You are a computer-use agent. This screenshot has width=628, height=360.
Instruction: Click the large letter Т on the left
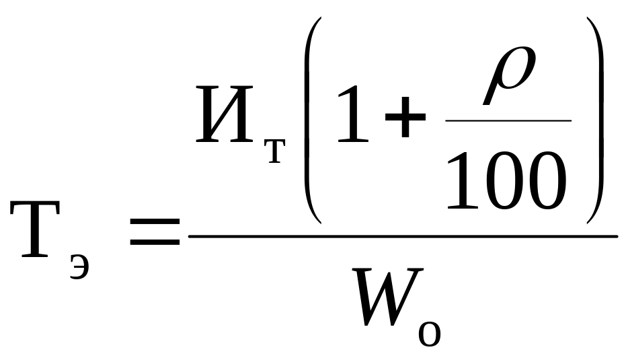tap(35, 229)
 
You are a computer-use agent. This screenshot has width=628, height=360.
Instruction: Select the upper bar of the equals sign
tap(155, 221)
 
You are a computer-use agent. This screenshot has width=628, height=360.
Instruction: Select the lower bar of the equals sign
tap(155, 242)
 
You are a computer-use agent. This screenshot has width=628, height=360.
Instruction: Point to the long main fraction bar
tap(403, 237)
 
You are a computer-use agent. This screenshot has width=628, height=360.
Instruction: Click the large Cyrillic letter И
tap(225, 114)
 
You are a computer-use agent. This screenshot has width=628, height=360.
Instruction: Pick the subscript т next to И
tap(275, 151)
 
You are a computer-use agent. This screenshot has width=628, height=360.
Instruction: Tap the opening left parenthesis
tap(313, 120)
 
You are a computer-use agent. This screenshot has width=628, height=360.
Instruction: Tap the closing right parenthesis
tap(595, 120)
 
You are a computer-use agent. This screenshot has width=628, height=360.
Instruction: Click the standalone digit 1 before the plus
tap(352, 114)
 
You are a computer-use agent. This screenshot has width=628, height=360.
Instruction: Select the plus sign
tap(405, 116)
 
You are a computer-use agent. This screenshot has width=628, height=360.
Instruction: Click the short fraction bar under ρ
tap(508, 120)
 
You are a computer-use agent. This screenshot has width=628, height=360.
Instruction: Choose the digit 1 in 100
tap(462, 181)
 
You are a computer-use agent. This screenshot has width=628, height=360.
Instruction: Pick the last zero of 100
tap(547, 181)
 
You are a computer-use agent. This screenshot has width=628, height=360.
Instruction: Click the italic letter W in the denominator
tap(387, 297)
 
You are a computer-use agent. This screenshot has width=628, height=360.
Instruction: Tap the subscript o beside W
tap(430, 334)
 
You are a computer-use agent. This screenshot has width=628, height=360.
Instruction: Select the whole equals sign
tap(155, 231)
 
